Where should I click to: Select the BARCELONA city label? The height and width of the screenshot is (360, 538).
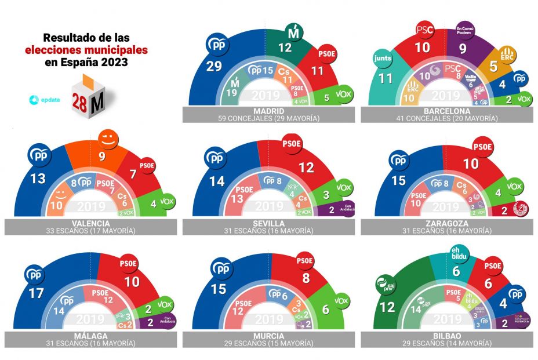point(445,111)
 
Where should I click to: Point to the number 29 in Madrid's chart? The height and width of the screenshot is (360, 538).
point(214,67)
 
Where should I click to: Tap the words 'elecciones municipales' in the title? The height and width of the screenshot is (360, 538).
point(86,50)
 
